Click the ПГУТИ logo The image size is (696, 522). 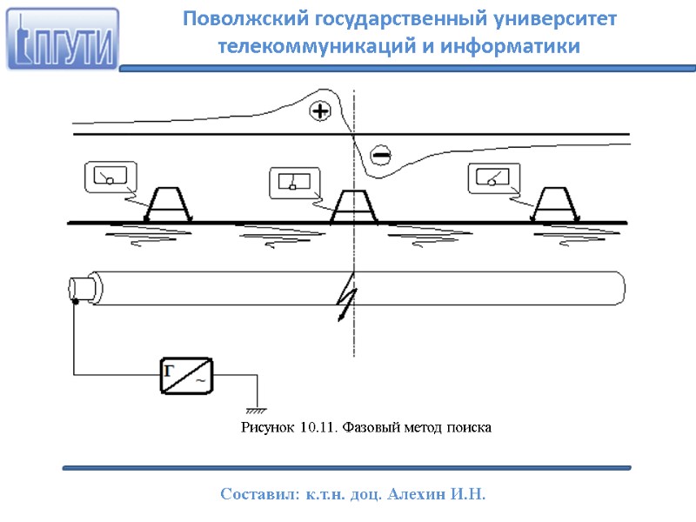click(x=62, y=39)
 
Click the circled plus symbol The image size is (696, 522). click(x=321, y=110)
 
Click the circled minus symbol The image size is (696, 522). click(x=380, y=155)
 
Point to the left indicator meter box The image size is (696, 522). click(x=110, y=177)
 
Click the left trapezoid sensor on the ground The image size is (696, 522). click(x=168, y=205)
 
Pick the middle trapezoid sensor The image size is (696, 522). click(x=354, y=206)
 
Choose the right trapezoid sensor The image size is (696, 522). click(x=554, y=205)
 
